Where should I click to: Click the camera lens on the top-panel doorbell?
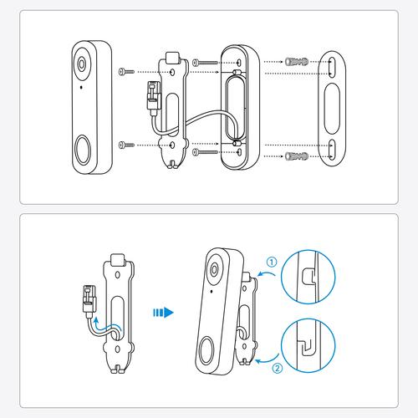pos(82,64)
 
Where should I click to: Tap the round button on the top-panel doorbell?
pos(83,150)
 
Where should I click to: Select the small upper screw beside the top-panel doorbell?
pos(126,72)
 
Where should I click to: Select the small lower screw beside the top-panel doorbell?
pos(126,145)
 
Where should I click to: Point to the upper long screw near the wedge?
pos(205,63)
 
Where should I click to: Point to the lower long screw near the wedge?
pos(205,152)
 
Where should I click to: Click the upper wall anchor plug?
pos(297,61)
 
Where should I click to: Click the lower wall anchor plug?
pos(297,156)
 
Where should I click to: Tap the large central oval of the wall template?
pos(332,109)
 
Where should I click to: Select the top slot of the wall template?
pos(332,66)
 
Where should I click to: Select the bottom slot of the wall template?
pos(332,150)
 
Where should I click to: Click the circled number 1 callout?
pos(272,262)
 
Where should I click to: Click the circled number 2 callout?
pos(278,369)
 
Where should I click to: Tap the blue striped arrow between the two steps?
pos(163,313)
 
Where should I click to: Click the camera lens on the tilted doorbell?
pos(214,269)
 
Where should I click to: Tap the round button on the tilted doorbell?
pos(207,351)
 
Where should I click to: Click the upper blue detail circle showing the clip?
pos(308,277)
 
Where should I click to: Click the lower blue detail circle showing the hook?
pos(308,345)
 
